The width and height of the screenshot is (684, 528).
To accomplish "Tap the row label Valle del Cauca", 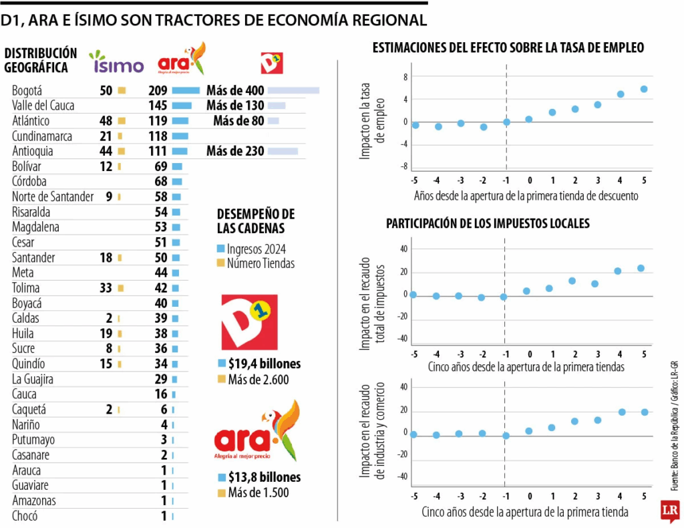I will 43,106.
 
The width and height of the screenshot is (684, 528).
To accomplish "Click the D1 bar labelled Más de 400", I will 293,90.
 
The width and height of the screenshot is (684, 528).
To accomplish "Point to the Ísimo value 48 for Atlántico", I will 106,121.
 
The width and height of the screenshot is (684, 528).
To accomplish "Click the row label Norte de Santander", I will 53,196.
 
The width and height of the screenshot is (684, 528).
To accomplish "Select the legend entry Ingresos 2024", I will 256,249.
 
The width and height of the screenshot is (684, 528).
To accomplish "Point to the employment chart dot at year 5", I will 644,89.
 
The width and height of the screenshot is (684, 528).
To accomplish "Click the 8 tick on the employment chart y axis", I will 405,77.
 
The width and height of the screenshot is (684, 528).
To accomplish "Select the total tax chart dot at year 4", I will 618,271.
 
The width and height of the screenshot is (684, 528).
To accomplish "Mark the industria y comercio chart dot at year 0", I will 529,431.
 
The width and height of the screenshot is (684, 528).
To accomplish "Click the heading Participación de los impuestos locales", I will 488,223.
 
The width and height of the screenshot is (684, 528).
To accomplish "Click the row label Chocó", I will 25,516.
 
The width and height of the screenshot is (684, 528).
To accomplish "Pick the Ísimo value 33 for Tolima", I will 106,288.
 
